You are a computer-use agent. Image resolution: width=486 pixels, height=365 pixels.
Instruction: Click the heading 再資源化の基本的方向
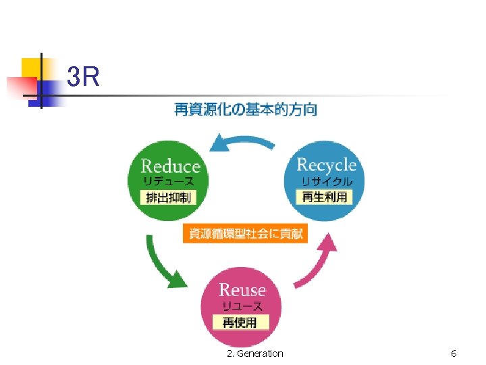click(x=246, y=109)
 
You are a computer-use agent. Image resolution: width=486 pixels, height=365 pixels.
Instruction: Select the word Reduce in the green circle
click(x=171, y=166)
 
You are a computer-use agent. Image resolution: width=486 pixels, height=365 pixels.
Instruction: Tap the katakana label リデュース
click(x=169, y=181)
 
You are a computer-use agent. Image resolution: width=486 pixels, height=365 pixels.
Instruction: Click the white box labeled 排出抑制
click(x=169, y=197)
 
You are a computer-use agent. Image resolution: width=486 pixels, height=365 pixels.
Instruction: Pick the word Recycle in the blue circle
click(x=327, y=164)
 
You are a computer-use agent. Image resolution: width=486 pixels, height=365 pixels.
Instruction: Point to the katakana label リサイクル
click(x=327, y=181)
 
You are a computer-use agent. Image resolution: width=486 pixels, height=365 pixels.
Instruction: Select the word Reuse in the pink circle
click(x=243, y=290)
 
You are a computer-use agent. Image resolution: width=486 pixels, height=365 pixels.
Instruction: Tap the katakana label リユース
click(x=243, y=307)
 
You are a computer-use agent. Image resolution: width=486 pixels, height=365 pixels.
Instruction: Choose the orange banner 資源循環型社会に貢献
click(x=246, y=235)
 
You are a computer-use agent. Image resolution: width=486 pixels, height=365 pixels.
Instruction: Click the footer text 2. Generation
click(x=255, y=354)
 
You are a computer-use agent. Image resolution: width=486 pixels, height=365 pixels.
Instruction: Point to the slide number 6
click(x=454, y=354)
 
